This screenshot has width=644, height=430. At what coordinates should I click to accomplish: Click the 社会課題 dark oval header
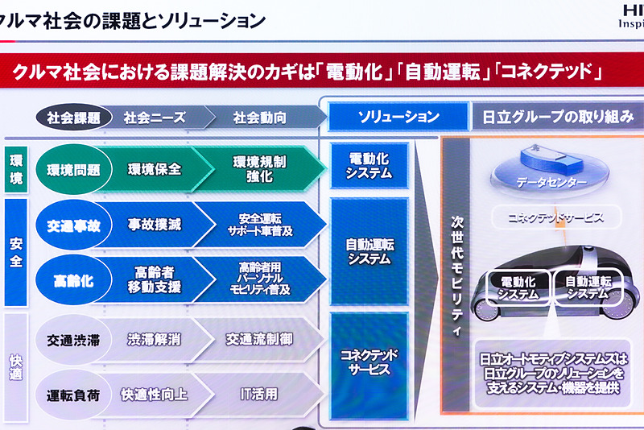pyautogui.click(x=73, y=118)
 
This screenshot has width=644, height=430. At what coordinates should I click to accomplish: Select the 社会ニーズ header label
pyautogui.click(x=155, y=118)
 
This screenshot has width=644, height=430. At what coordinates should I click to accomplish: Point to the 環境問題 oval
pyautogui.click(x=74, y=169)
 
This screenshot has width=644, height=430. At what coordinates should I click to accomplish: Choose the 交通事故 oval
pyautogui.click(x=74, y=225)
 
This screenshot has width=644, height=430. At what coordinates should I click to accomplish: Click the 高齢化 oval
pyautogui.click(x=74, y=281)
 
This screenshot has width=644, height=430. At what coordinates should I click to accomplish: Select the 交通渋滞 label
pyautogui.click(x=74, y=340)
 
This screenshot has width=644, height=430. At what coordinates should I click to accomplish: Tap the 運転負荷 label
pyautogui.click(x=74, y=395)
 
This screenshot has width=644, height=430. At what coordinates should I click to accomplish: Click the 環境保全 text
pyautogui.click(x=154, y=169)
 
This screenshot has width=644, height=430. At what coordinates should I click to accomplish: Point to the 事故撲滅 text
pyautogui.click(x=154, y=225)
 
